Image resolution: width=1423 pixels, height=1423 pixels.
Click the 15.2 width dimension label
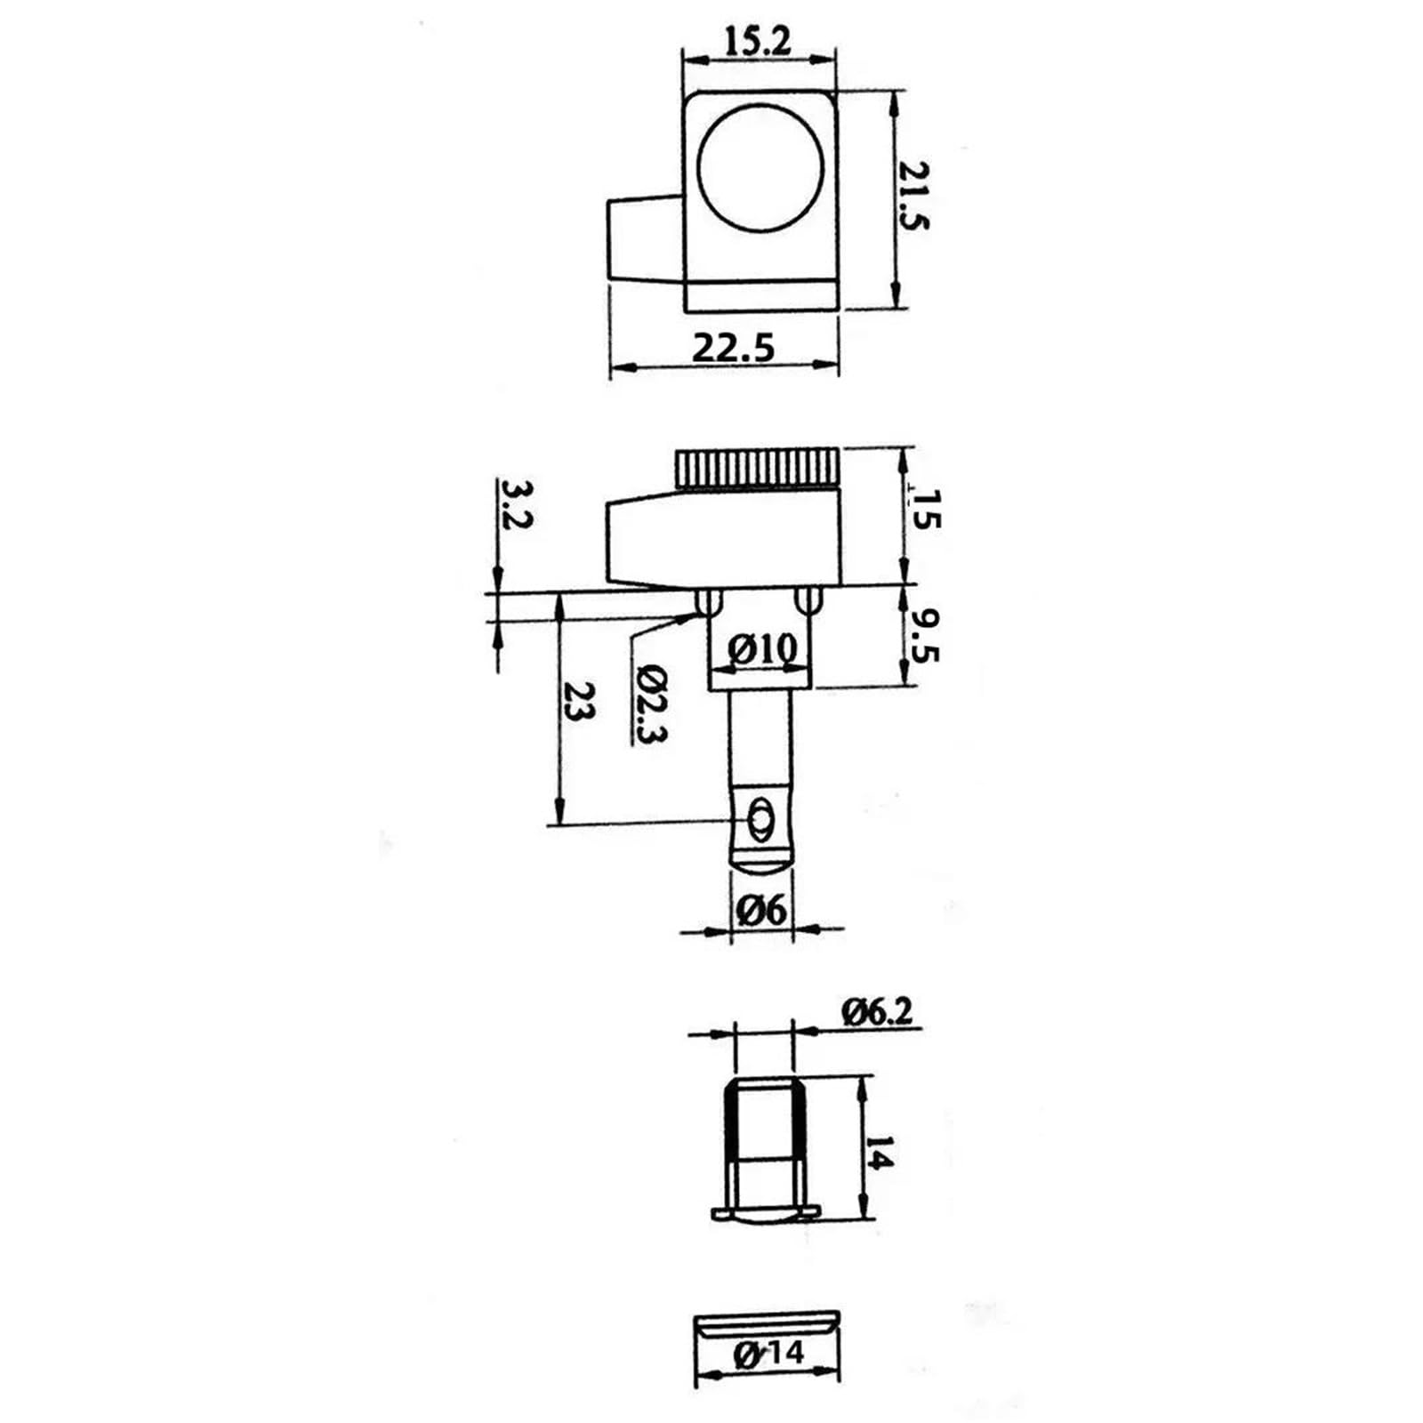point(756,41)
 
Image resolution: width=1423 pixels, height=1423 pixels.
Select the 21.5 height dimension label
point(912,197)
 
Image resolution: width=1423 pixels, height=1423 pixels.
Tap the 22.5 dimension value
point(734,347)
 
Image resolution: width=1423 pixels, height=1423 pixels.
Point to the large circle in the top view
point(760,166)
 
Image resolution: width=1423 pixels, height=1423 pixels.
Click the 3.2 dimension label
point(516,505)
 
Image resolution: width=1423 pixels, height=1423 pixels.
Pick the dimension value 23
point(580,702)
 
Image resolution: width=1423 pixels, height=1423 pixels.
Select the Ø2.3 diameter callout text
point(651,703)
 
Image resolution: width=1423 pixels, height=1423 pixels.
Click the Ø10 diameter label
point(762,650)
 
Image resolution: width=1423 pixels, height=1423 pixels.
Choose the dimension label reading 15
point(924,510)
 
